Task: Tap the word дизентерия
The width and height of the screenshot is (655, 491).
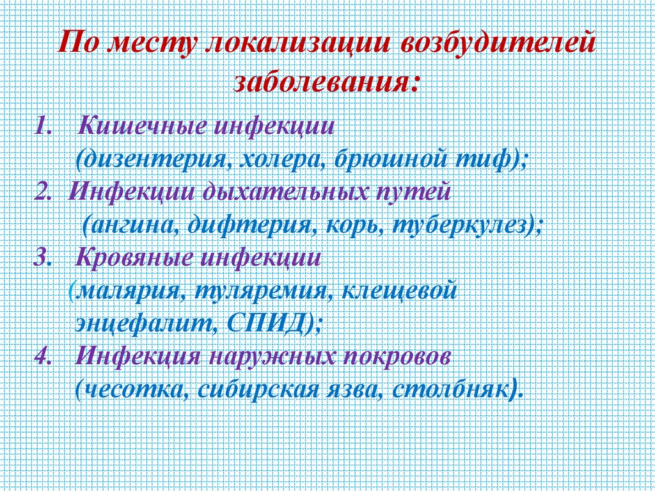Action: coord(154,157)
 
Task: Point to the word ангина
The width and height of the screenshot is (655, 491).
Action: coord(130,225)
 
